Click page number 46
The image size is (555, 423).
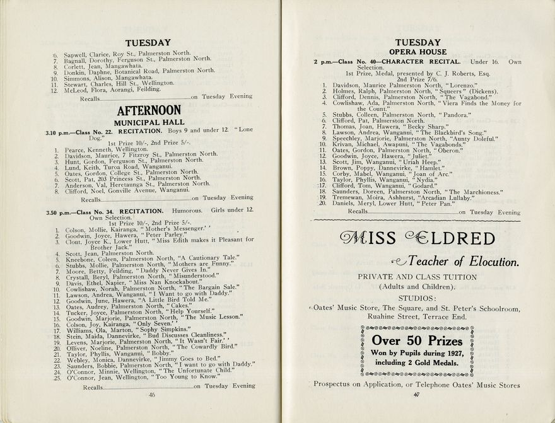(x=151, y=395)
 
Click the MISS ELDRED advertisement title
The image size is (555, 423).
(x=417, y=239)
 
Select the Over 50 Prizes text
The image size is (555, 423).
(x=417, y=341)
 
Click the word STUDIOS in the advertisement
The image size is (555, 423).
(x=417, y=298)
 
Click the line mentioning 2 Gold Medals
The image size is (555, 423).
(x=417, y=363)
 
